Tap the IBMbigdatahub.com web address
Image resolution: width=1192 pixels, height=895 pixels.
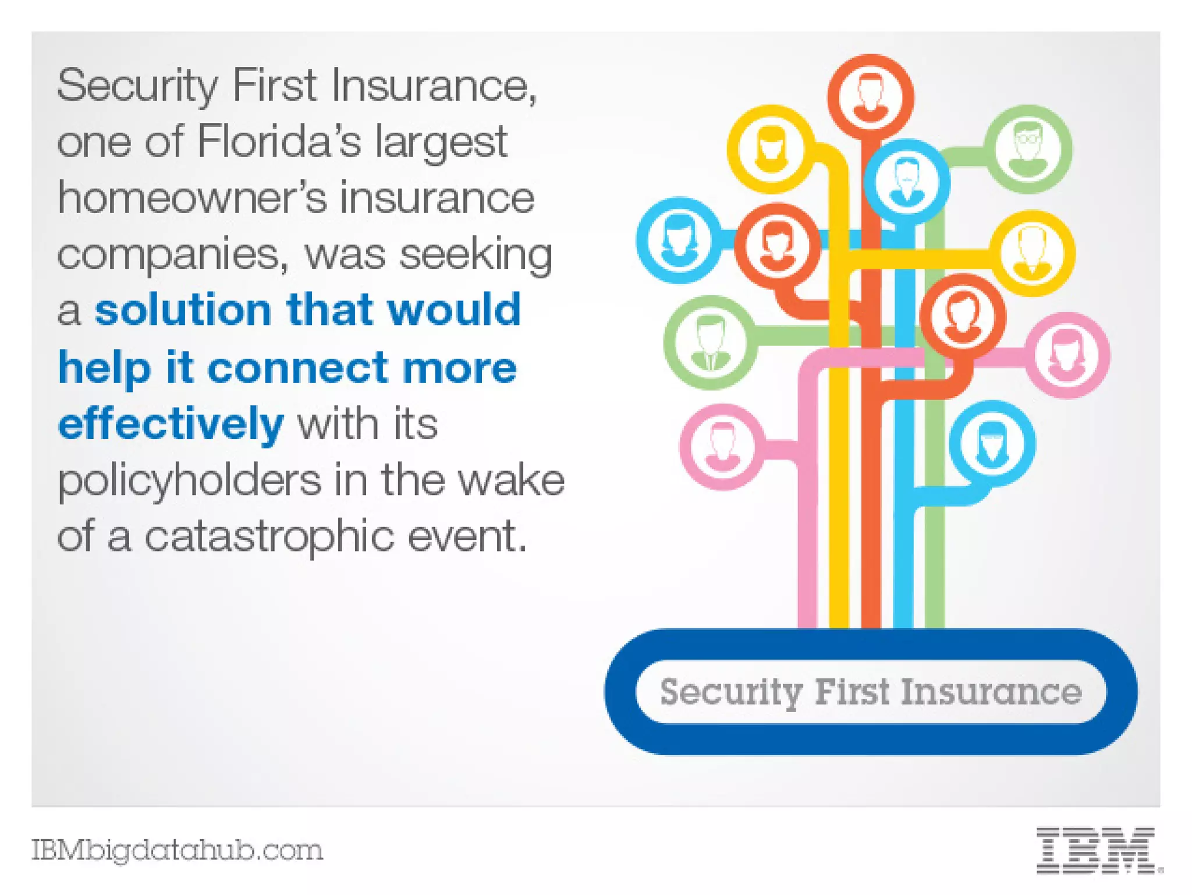click(x=177, y=850)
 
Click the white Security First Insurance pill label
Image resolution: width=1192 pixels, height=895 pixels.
click(x=871, y=692)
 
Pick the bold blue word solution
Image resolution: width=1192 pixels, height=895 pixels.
click(x=183, y=310)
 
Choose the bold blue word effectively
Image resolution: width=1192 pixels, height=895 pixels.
click(x=171, y=424)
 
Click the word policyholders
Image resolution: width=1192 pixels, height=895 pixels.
click(x=189, y=480)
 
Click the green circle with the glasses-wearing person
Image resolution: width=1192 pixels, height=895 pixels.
click(x=1028, y=148)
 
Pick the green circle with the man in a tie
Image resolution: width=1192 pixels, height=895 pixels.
click(x=710, y=343)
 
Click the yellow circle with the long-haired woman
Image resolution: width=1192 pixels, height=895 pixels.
click(x=771, y=148)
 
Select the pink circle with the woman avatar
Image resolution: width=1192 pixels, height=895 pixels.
click(x=1066, y=355)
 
